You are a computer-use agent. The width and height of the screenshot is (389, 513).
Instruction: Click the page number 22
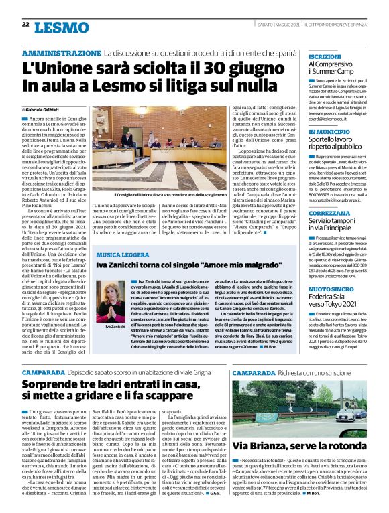pyautogui.click(x=25, y=25)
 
